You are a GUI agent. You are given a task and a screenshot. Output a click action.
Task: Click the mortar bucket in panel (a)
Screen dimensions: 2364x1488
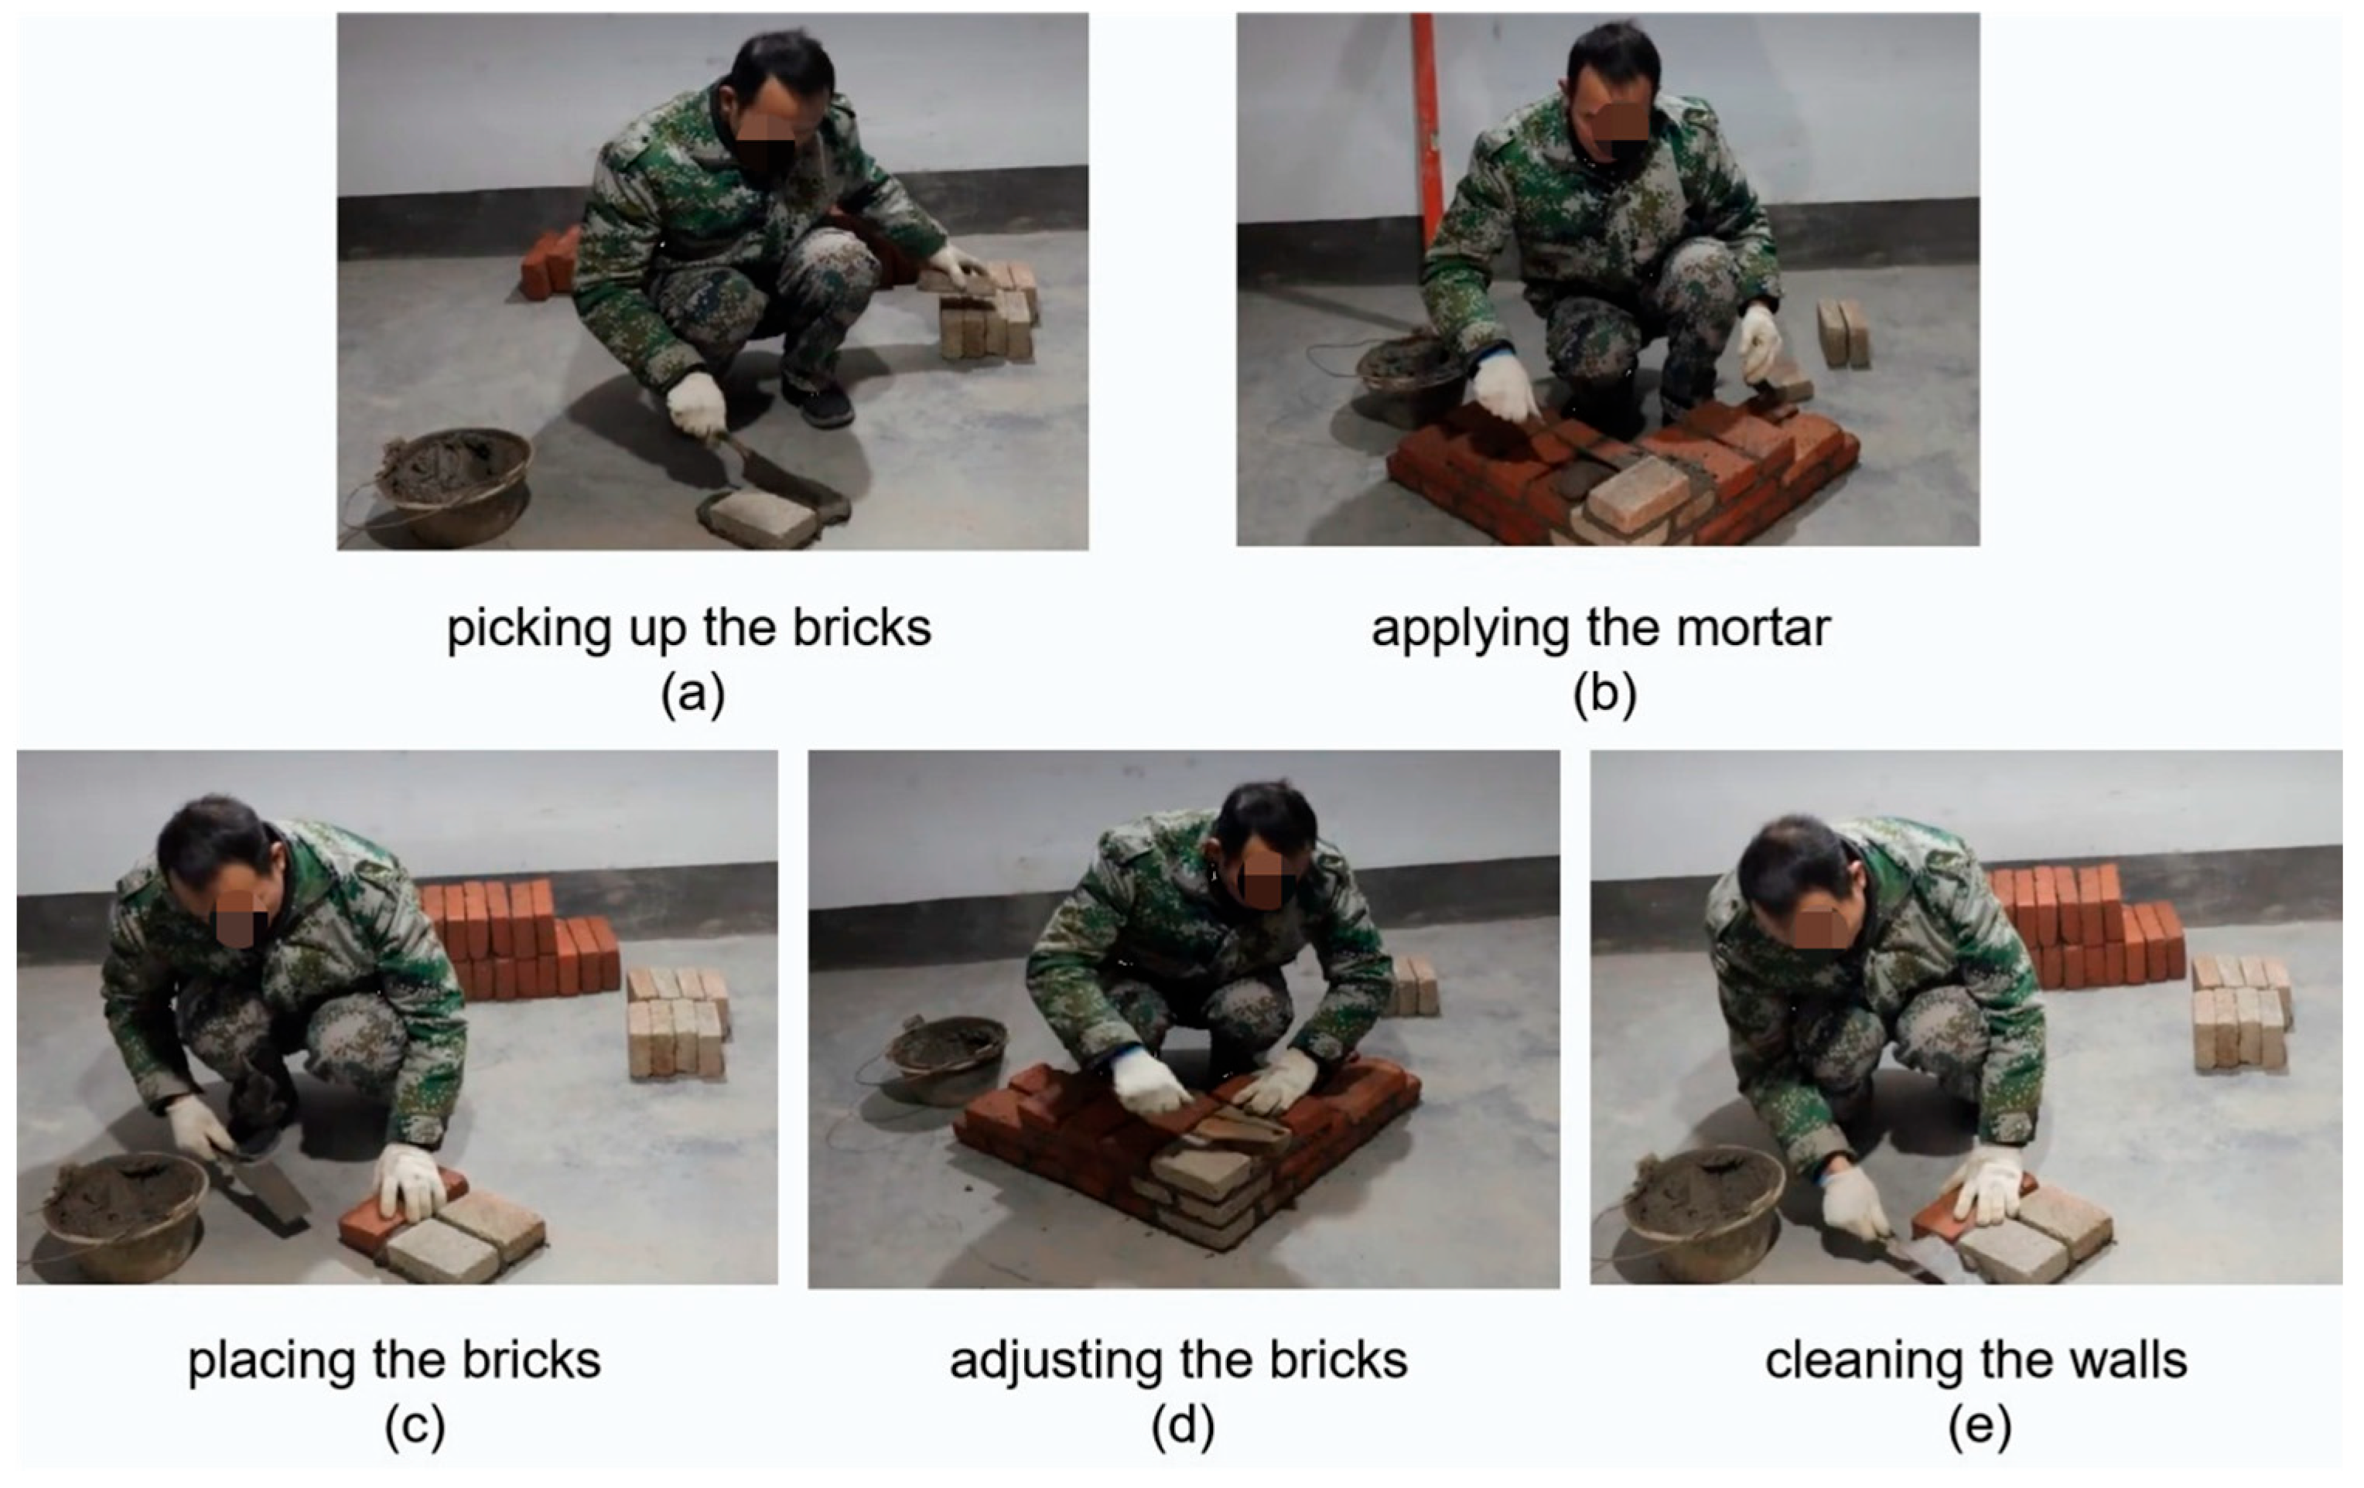pos(456,484)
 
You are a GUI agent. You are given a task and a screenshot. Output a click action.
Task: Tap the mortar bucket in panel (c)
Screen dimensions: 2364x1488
pos(123,1216)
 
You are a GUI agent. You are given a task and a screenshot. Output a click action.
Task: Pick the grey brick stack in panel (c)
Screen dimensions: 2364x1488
pos(678,1022)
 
